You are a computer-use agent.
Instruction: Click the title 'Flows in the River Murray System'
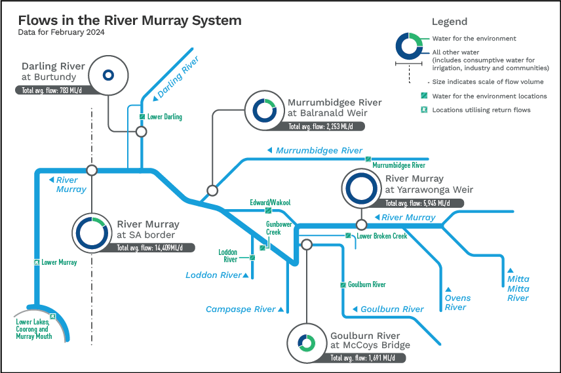point(130,20)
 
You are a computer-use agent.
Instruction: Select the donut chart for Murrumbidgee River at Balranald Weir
point(265,111)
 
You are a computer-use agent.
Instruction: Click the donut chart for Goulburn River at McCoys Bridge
point(306,344)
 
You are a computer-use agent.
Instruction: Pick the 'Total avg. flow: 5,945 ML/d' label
point(417,203)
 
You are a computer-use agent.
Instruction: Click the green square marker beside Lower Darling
point(142,117)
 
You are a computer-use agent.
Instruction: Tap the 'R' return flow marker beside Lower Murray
point(37,262)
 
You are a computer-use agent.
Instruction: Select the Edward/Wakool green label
point(270,203)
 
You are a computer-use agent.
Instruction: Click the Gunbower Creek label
point(279,228)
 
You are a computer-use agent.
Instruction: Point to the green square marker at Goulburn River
point(343,285)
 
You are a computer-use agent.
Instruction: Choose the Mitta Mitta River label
point(518,288)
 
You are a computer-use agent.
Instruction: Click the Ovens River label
point(457,302)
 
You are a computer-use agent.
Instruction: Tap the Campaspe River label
point(241,309)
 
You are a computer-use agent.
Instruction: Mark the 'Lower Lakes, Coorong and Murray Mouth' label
point(33,329)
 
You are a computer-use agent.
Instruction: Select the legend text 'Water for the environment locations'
point(490,96)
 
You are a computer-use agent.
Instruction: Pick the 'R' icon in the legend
point(424,109)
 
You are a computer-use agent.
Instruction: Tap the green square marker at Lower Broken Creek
point(348,235)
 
